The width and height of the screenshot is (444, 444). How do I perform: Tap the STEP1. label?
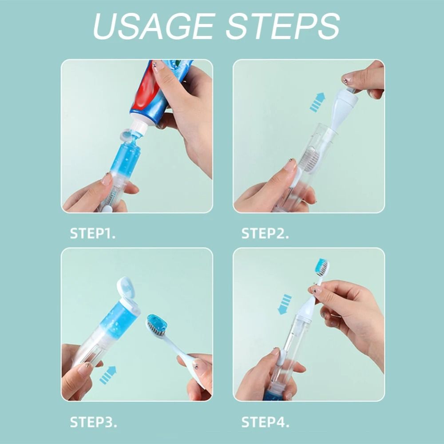[x=93, y=234]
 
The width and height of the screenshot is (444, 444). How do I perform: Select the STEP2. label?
[x=265, y=234]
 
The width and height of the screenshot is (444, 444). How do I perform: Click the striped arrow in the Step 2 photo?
[x=317, y=102]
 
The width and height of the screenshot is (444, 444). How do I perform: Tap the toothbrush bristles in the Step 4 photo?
[x=322, y=268]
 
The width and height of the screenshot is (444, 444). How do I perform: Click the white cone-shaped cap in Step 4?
[x=306, y=306]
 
